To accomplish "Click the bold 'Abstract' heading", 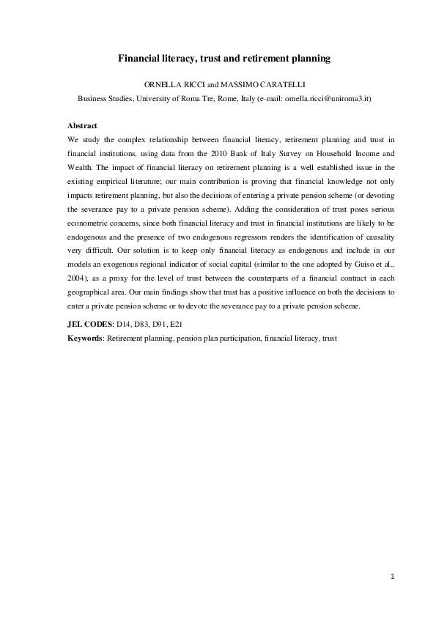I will tap(82, 126).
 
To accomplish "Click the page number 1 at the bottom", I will tap(392, 577).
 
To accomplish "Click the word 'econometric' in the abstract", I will tap(87, 223).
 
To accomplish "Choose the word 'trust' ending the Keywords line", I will tap(328, 338).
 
